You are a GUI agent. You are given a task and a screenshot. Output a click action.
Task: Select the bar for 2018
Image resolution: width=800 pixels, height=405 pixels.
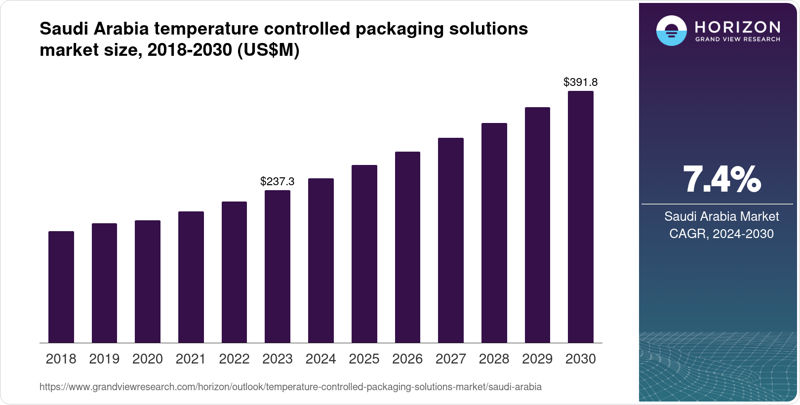pos(61,287)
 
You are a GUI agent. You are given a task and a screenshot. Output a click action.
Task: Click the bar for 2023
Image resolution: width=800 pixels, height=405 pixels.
pos(278,267)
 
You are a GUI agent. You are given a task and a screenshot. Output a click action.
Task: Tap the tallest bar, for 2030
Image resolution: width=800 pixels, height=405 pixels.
pos(581,217)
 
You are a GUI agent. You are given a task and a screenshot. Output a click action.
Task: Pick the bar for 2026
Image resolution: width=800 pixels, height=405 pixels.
pos(407,247)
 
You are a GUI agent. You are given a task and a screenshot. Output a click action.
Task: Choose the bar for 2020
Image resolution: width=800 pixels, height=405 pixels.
pos(148,282)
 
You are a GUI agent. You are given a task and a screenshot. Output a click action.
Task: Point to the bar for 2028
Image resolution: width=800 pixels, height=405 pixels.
pos(494,233)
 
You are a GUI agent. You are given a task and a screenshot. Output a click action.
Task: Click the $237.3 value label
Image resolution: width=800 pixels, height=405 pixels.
pos(278,181)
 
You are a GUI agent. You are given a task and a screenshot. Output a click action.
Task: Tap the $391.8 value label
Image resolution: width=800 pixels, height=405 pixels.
pos(581,82)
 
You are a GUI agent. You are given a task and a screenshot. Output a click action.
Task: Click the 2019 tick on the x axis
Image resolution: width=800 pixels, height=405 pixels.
pos(104,359)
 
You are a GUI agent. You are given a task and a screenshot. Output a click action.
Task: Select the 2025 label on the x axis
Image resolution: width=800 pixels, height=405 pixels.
pos(364,359)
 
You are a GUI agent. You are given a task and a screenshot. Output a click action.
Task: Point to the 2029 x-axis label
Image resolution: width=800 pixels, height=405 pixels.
pos(537,359)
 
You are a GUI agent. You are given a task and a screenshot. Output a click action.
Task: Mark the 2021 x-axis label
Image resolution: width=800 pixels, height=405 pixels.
pos(191,359)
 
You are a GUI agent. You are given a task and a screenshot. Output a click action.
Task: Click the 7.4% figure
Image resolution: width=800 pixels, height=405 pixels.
pos(721,180)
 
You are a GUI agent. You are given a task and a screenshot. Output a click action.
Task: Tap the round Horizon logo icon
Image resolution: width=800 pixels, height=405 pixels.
pos(671,31)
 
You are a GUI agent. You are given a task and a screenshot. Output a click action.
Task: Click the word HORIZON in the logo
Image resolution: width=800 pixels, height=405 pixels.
pos(738,27)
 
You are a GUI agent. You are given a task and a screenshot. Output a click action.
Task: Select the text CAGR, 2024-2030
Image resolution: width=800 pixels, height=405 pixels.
pos(721,234)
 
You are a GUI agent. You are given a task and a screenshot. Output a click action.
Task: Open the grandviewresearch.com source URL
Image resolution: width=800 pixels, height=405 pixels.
pos(290,387)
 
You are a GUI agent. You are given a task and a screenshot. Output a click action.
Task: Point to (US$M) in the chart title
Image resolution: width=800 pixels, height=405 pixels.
pos(268,50)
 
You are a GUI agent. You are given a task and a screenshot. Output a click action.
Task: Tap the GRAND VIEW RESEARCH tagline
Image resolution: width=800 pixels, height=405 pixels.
pos(738,39)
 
